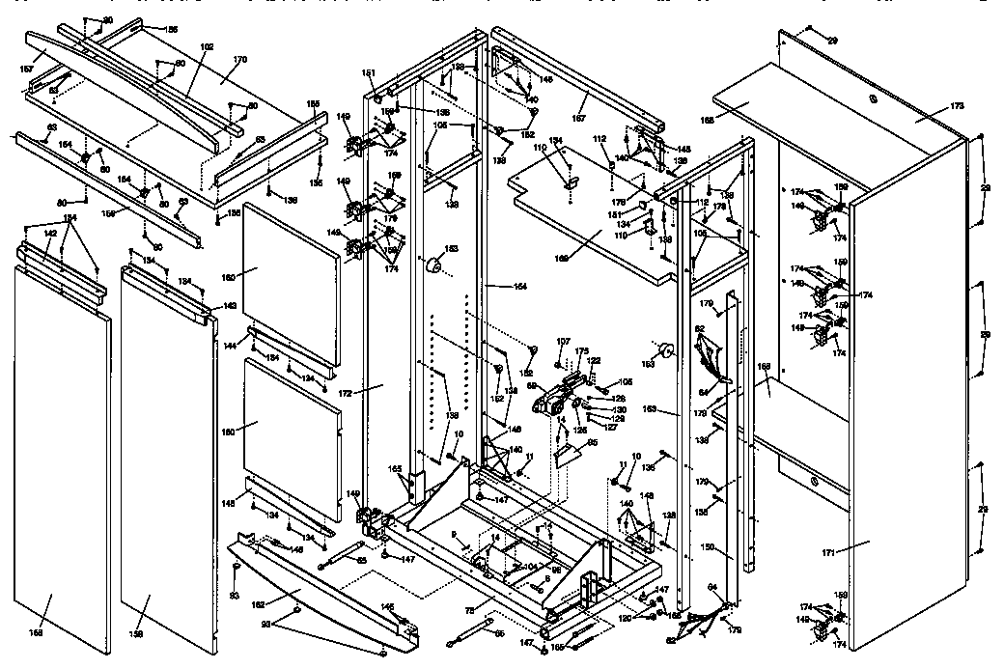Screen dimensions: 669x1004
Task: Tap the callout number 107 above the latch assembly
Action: point(564,341)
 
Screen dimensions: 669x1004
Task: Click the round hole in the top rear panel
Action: point(871,99)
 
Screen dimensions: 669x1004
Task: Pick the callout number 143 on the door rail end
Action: point(229,305)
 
